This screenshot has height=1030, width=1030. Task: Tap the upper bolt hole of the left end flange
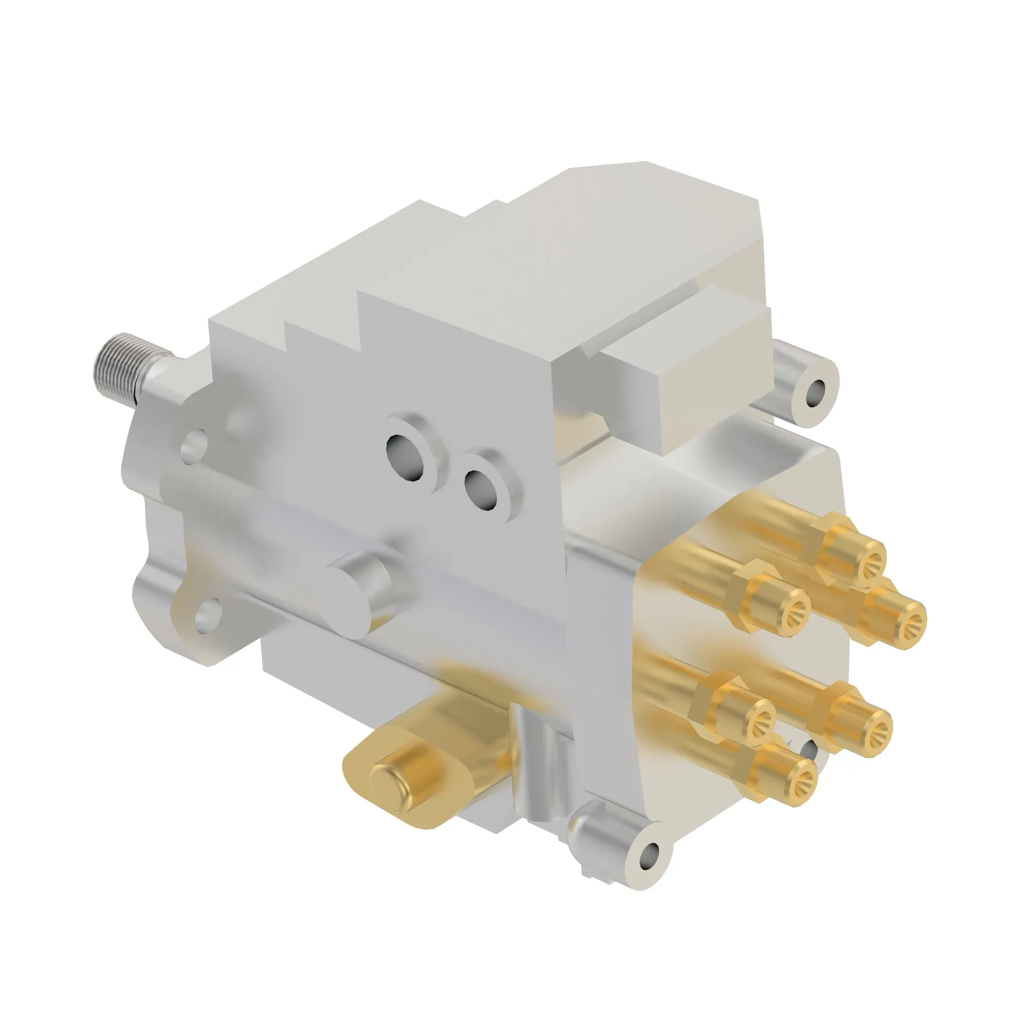pyautogui.click(x=195, y=445)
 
